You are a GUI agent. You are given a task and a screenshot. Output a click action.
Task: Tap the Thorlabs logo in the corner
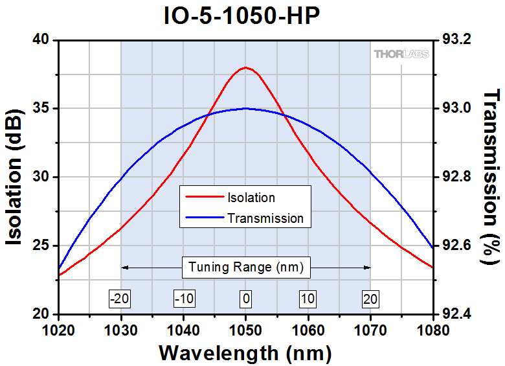[x=400, y=54]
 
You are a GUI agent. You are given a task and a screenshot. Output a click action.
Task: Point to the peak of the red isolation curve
[x=245, y=67]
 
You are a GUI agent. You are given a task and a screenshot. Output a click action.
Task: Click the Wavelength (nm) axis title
[x=245, y=354]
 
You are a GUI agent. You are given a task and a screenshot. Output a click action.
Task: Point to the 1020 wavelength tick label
[x=58, y=330]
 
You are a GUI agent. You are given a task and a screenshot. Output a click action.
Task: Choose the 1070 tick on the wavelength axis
[x=370, y=330]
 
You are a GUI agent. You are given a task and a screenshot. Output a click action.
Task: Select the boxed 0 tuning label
[x=245, y=299]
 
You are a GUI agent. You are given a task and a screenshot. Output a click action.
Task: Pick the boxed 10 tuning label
[x=308, y=299]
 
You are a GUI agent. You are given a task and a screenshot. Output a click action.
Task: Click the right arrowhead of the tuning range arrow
[x=368, y=267]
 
